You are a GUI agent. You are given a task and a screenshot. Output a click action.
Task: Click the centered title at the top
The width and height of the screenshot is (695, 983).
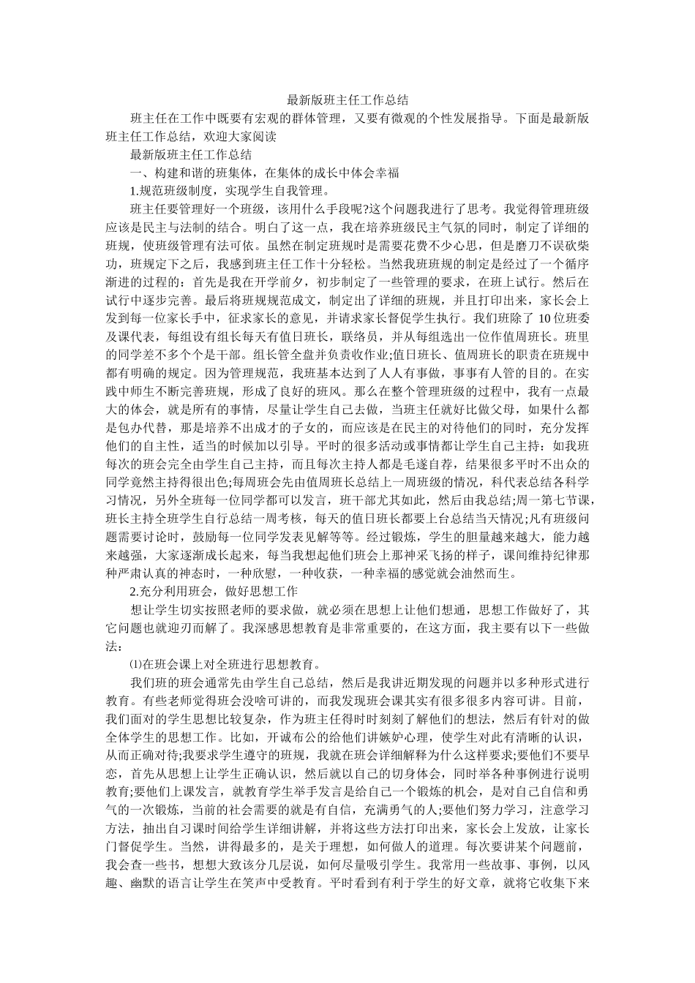[x=347, y=99]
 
